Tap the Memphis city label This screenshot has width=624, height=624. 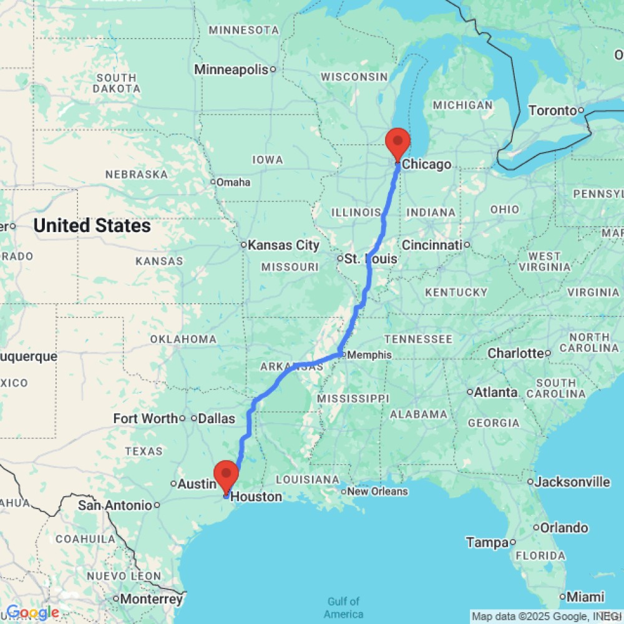(369, 355)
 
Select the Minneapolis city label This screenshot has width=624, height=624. (231, 69)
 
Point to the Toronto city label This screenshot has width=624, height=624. (552, 111)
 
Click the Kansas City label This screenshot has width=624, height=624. (284, 245)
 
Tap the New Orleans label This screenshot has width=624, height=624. (378, 491)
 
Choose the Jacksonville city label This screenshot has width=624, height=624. (573, 482)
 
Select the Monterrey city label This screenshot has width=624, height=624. (152, 599)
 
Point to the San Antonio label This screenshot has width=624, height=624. (115, 505)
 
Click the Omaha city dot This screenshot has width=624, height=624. (212, 182)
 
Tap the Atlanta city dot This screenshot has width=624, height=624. (470, 392)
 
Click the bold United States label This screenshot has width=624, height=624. (92, 225)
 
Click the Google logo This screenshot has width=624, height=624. (32, 613)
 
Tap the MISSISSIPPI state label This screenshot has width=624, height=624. (353, 398)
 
